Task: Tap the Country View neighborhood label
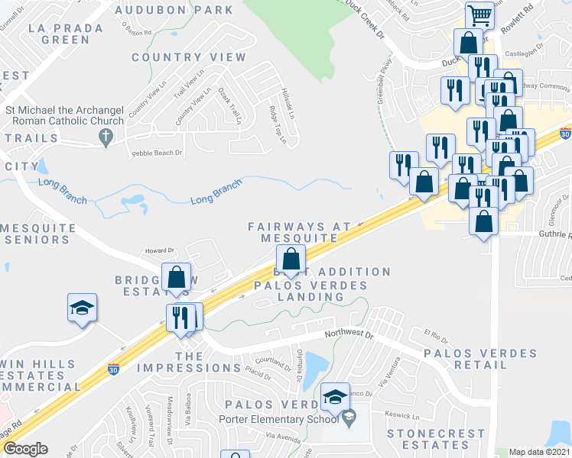[189, 57]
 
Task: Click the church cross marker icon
[106, 137]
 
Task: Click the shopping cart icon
[479, 13]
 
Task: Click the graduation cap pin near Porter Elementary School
[335, 396]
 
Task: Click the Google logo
[25, 449]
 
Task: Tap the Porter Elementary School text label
[278, 418]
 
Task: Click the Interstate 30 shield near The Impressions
[115, 368]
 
